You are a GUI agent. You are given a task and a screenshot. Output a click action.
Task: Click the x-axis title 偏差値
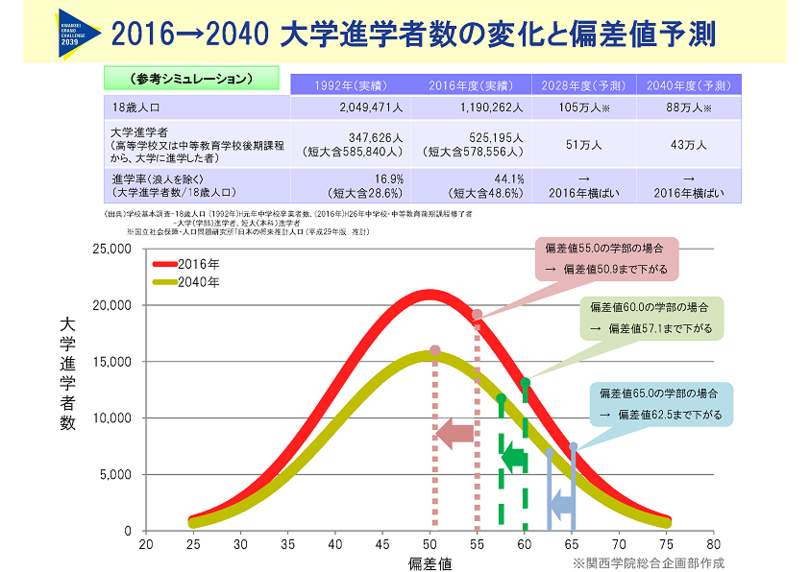[430, 561]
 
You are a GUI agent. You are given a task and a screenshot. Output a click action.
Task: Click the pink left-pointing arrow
[454, 434]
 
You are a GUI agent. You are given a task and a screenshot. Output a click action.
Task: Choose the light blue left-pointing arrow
[561, 502]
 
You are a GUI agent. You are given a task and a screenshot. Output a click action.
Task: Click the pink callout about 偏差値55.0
[605, 259]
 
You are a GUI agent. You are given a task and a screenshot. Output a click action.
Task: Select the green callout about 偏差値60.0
[651, 319]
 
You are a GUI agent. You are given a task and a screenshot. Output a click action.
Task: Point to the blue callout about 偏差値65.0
[662, 404]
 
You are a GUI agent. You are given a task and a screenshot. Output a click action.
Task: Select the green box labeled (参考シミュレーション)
[190, 78]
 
